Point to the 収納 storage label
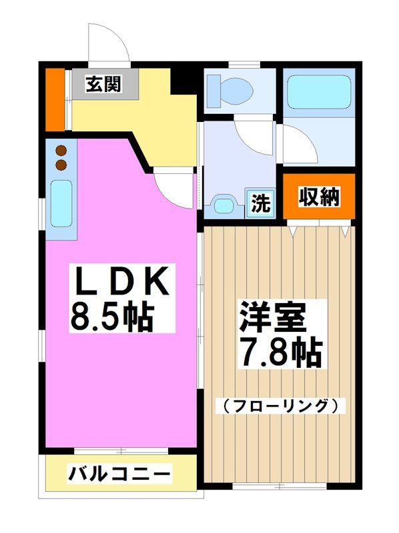[318, 197]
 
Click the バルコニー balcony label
[120, 475]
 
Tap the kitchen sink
[61, 204]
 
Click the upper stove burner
[61, 150]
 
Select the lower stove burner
[61, 163]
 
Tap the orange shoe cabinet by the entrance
[54, 99]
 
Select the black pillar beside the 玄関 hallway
[181, 81]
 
